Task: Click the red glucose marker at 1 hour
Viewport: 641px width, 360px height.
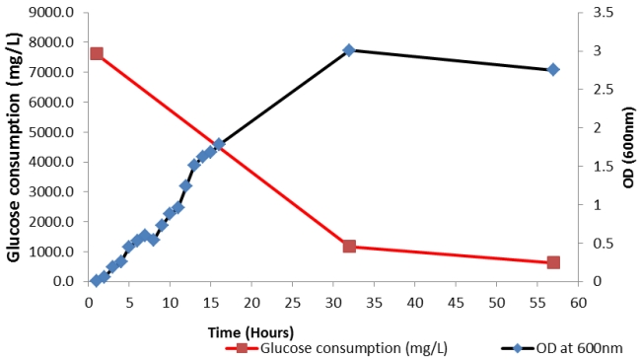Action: [x=97, y=53]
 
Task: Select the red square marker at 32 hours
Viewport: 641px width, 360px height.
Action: [x=349, y=247]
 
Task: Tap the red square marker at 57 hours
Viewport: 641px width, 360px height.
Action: [x=553, y=262]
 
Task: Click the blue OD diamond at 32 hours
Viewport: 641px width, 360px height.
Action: [x=349, y=50]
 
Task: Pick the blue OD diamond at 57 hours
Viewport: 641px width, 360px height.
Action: [x=553, y=70]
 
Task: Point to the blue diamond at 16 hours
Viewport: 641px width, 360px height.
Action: [x=219, y=144]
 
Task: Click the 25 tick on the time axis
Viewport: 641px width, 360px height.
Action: [x=292, y=300]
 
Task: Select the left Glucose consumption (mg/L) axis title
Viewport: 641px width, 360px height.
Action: [x=15, y=147]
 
